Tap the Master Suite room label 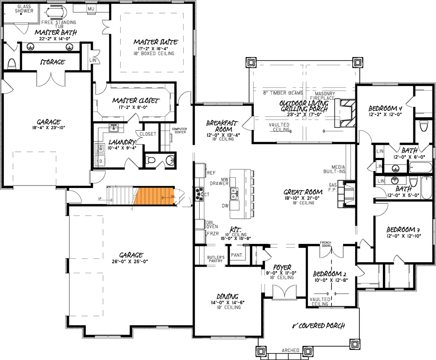[x=155, y=42]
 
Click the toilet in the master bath [x=12, y=64]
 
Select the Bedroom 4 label [x=385, y=108]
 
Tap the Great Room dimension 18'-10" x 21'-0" [x=303, y=199]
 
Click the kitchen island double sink [x=235, y=193]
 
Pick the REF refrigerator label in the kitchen [x=211, y=173]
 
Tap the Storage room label [x=52, y=62]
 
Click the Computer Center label [x=179, y=131]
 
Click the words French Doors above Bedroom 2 [x=326, y=243]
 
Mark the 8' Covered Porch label [x=318, y=326]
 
